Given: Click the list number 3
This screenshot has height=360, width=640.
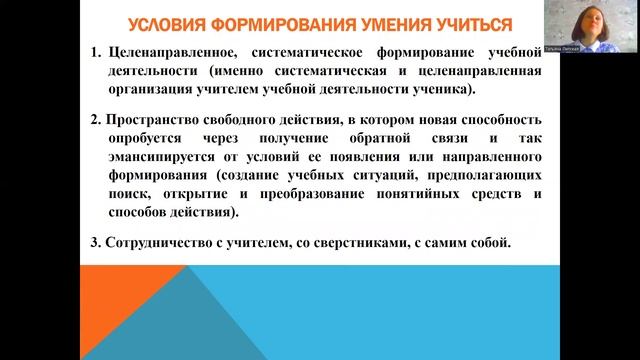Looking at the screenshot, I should click(x=94, y=243).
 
